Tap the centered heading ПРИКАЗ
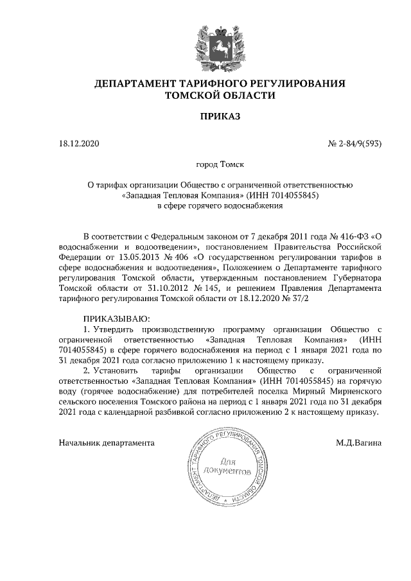[220, 117]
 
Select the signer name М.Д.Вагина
[358, 442]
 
